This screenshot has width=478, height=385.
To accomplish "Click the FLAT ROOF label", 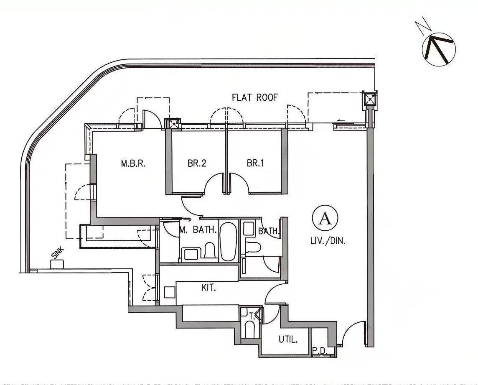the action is [255, 97].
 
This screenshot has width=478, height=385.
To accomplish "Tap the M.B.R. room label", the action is [133, 163].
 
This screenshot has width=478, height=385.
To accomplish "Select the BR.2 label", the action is [197, 163].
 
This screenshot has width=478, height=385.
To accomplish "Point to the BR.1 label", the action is [255, 163].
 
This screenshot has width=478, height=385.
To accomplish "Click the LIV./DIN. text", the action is [328, 241].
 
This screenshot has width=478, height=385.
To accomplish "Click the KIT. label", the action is [208, 288].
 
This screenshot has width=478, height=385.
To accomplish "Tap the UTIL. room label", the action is [288, 339].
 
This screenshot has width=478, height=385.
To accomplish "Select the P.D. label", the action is [320, 352].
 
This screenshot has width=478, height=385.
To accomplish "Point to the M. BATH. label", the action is [198, 230].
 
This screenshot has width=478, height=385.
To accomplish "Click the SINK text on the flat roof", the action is [58, 253].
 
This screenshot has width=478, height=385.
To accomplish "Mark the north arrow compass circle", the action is [439, 49].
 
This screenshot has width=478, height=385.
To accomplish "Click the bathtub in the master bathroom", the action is [228, 242].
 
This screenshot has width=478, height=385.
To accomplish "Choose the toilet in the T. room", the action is [250, 330].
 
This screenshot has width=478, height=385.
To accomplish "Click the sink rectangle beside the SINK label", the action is [57, 264].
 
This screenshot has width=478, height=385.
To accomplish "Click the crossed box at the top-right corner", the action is [369, 99].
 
